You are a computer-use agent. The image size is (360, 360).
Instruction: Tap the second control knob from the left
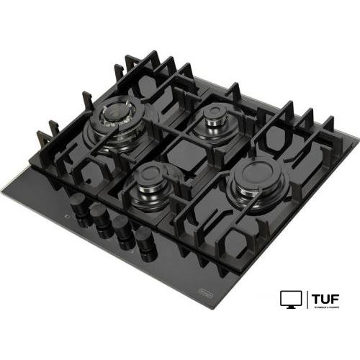[x=97, y=215]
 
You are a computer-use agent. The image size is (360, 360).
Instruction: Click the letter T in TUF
[x=317, y=297]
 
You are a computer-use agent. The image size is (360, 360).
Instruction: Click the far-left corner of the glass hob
[x=2, y=189]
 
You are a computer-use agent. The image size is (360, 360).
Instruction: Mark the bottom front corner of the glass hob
[x=204, y=308]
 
